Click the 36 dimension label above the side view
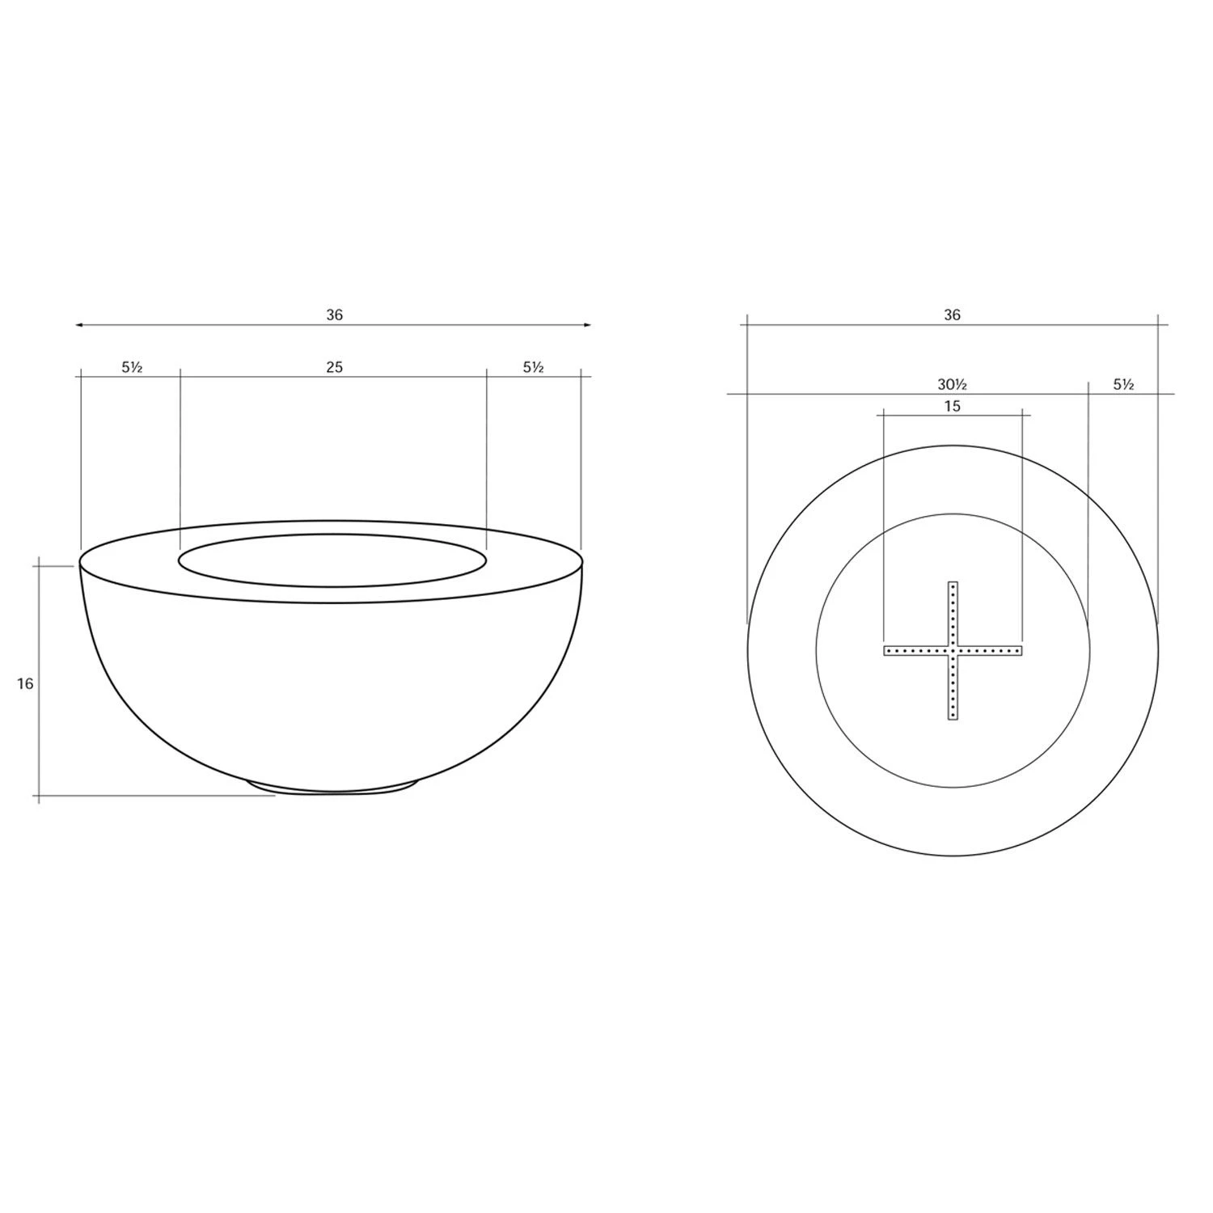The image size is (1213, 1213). pos(334,315)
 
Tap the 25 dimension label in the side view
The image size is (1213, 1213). pos(334,367)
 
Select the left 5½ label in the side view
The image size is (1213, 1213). pos(132,367)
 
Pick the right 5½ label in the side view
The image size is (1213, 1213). pos(533,367)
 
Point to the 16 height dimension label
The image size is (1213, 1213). pos(25,683)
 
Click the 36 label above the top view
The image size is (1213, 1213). pos(952,315)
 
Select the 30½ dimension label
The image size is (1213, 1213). pos(952,384)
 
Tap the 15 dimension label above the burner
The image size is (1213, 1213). pos(952,406)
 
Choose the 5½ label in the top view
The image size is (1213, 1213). pos(1123,384)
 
